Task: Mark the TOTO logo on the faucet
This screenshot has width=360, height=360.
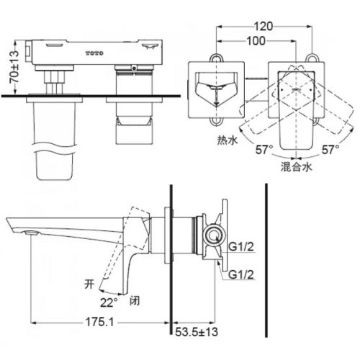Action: click(94, 53)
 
